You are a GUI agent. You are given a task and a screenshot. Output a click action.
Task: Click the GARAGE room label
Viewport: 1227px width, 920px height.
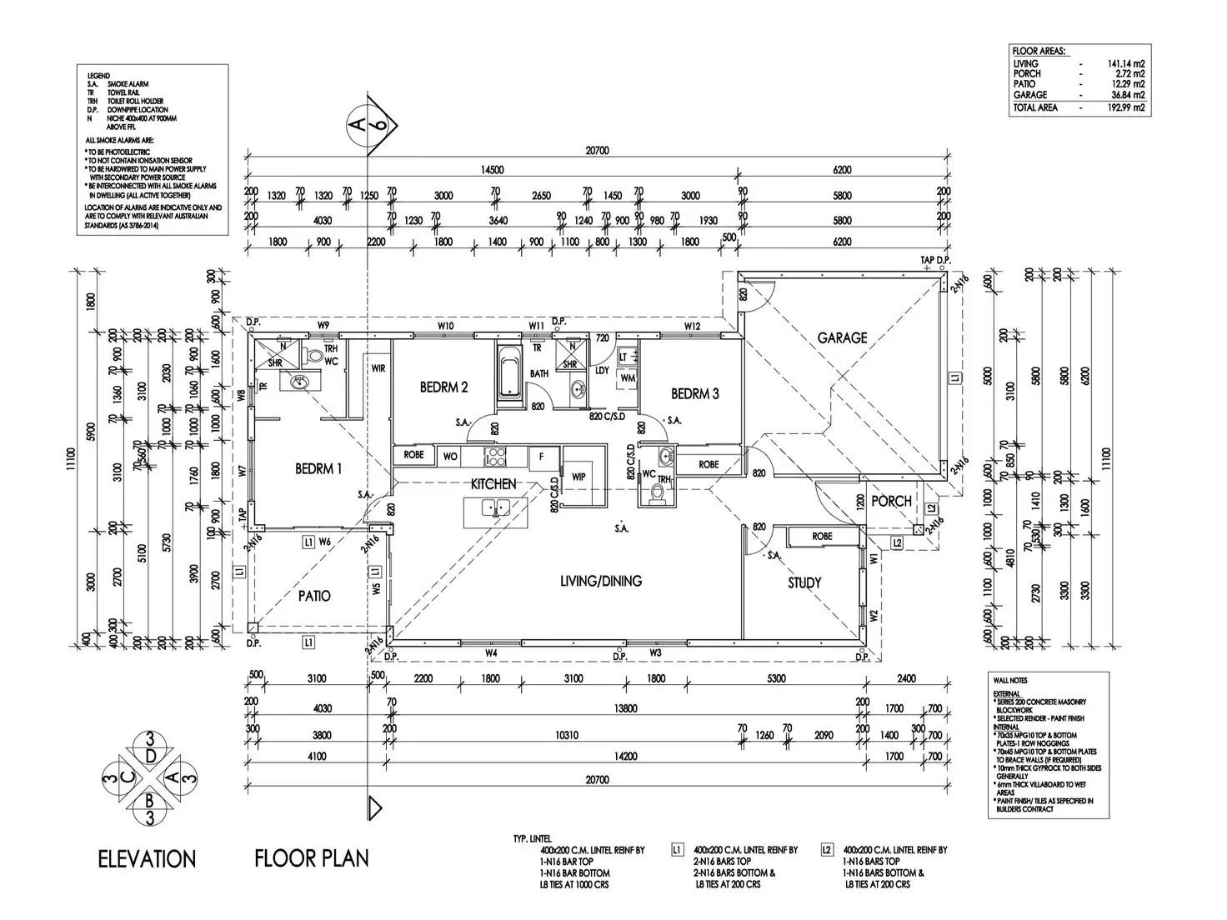[x=842, y=337]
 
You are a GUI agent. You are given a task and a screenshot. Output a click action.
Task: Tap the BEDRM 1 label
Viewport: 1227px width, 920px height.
[x=318, y=469]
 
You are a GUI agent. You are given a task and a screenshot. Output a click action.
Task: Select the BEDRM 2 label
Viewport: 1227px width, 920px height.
[x=443, y=387]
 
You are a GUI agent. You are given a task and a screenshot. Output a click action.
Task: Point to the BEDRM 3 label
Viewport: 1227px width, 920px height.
[x=694, y=393]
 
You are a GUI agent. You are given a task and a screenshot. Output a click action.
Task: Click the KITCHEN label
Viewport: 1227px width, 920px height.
[x=493, y=483]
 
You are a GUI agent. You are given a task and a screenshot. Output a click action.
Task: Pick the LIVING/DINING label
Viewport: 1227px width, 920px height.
[x=601, y=581]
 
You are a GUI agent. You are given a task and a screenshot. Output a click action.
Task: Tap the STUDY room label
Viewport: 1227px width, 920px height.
[x=804, y=582]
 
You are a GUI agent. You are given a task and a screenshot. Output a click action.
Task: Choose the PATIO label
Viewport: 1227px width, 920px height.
[x=314, y=596]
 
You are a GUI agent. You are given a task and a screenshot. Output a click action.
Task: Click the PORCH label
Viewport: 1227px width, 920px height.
[x=891, y=501]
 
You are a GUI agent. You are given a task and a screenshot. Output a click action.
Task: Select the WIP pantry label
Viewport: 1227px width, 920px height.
[x=578, y=477]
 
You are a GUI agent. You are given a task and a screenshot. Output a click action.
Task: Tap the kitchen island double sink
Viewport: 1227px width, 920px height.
[x=495, y=506]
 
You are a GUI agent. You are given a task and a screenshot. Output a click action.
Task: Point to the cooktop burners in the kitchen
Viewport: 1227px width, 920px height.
[x=496, y=456]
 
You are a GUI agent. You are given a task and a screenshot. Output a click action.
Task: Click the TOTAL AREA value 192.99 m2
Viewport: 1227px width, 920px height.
[x=1127, y=107]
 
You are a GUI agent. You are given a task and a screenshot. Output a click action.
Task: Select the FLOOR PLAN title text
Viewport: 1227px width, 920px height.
[x=312, y=857]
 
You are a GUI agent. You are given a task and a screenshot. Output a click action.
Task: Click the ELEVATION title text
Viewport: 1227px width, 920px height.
[x=147, y=858]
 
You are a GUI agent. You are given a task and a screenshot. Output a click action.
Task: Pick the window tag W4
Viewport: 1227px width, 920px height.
[x=491, y=652]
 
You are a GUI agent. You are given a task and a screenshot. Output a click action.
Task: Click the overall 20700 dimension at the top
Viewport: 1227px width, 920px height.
[x=597, y=151]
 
